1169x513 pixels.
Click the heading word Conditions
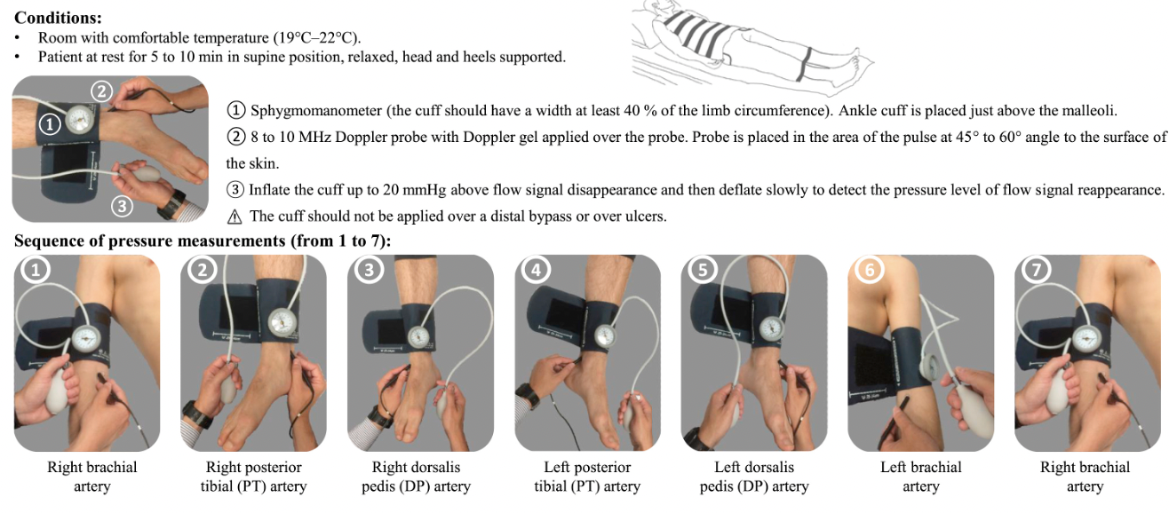click(57, 18)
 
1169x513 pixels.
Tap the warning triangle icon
click(235, 217)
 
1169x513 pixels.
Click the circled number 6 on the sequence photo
click(869, 270)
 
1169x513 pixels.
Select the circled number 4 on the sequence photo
click(536, 270)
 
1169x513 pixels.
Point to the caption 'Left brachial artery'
click(920, 477)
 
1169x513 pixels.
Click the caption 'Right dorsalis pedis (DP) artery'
click(416, 477)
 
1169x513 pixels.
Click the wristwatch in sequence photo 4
click(528, 395)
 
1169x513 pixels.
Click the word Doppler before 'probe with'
click(364, 137)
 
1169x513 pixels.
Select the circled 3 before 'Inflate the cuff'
click(235, 190)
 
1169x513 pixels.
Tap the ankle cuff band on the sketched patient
click(804, 65)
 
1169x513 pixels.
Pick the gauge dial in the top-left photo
click(81, 120)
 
